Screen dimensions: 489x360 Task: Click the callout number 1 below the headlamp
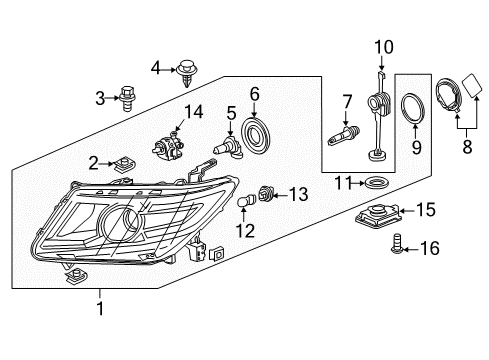point(100,308)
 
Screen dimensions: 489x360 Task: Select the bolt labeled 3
point(127,98)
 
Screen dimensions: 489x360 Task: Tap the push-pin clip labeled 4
point(187,73)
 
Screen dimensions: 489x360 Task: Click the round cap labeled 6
point(255,135)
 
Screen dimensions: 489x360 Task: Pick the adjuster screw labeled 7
point(344,134)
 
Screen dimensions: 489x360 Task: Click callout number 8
point(467,146)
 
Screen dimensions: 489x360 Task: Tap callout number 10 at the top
point(384,47)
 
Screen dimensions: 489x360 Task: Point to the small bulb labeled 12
point(245,201)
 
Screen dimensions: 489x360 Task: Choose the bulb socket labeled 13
point(266,193)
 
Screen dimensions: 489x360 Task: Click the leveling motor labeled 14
point(167,147)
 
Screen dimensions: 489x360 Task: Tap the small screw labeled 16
point(397,245)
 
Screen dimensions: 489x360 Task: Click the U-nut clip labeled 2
point(123,165)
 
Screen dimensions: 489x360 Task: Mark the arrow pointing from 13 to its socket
point(281,194)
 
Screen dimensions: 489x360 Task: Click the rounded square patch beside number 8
point(471,84)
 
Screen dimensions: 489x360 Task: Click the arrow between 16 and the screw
point(411,249)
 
